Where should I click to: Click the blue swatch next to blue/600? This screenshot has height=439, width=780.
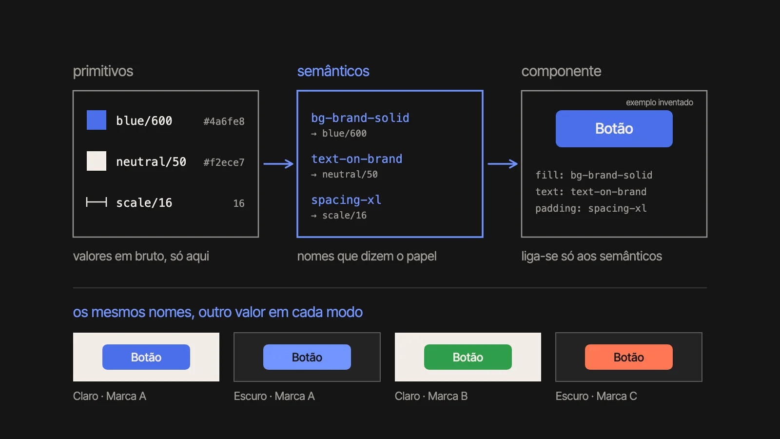pyautogui.click(x=97, y=120)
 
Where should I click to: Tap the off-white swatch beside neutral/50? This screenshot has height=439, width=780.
pyautogui.click(x=97, y=161)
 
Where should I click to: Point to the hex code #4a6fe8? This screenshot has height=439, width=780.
pyautogui.click(x=224, y=121)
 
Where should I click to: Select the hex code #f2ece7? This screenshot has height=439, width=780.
pyautogui.click(x=224, y=162)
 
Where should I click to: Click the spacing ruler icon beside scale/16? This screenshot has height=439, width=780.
pyautogui.click(x=97, y=202)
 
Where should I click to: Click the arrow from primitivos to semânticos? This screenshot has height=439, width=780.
pyautogui.click(x=278, y=164)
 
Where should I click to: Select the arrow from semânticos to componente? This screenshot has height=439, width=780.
pyautogui.click(x=503, y=164)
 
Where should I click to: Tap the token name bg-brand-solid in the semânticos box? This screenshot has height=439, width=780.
pyautogui.click(x=360, y=118)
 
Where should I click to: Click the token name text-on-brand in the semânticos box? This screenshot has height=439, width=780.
pyautogui.click(x=356, y=159)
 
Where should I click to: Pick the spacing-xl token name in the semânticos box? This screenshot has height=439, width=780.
pyautogui.click(x=346, y=200)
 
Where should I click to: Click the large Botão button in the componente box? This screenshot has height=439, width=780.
pyautogui.click(x=614, y=129)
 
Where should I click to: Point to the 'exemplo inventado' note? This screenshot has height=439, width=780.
pyautogui.click(x=660, y=102)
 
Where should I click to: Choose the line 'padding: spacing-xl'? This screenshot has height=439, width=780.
pyautogui.click(x=591, y=208)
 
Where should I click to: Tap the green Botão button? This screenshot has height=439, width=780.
pyautogui.click(x=468, y=357)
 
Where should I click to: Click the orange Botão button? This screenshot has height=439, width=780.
pyautogui.click(x=628, y=357)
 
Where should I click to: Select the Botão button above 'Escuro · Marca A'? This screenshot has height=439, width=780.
pyautogui.click(x=307, y=357)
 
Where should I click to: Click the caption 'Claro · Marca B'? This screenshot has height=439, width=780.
pyautogui.click(x=431, y=396)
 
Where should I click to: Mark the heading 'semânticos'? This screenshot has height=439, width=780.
pyautogui.click(x=333, y=71)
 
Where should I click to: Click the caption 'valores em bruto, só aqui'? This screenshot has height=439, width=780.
pyautogui.click(x=141, y=256)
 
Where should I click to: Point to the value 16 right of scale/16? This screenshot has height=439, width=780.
pyautogui.click(x=239, y=203)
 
